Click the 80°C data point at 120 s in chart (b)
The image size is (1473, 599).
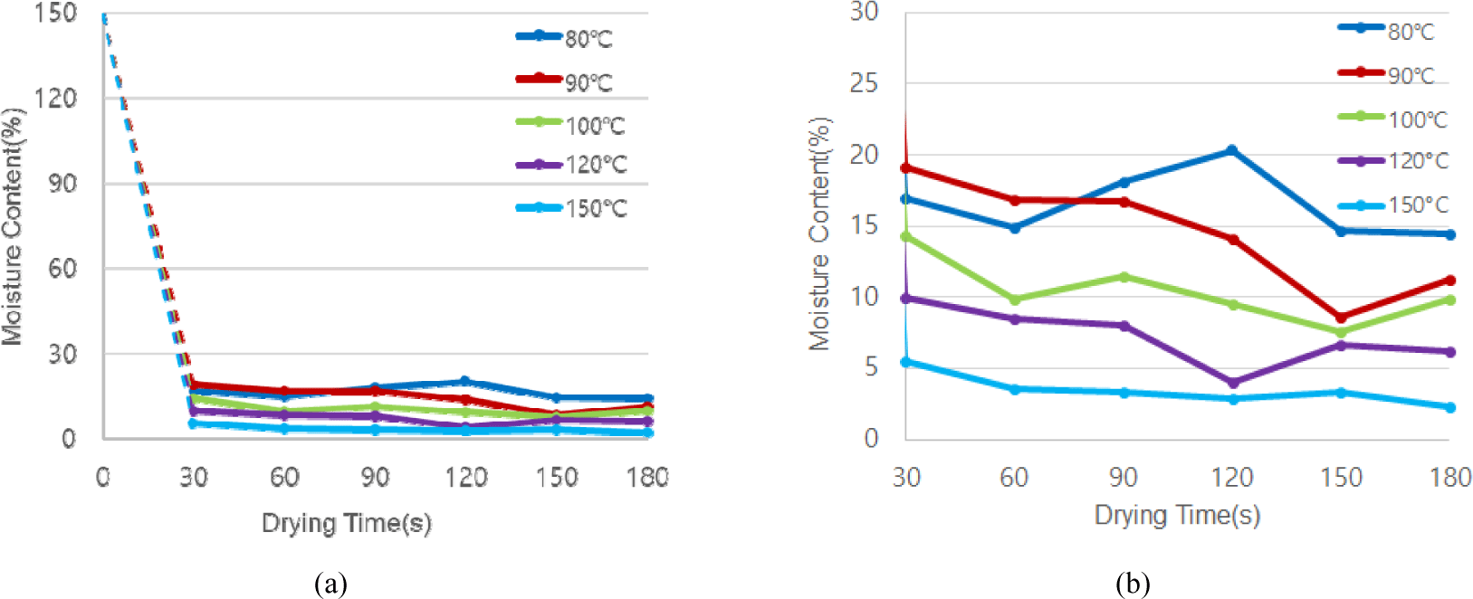1231,150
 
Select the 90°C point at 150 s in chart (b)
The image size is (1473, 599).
1341,318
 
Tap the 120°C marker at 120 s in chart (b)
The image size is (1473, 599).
1231,383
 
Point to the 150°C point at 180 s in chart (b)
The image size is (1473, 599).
1450,407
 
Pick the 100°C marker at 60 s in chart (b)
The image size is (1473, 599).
1014,299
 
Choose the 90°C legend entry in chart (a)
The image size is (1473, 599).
565,81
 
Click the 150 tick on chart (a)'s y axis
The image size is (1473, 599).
56,14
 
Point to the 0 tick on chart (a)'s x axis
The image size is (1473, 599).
102,477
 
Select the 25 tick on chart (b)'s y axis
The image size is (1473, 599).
864,83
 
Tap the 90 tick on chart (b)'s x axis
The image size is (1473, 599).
1123,477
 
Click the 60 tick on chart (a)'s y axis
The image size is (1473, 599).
62,269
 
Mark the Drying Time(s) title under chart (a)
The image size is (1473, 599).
346,523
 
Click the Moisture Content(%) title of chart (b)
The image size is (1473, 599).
819,233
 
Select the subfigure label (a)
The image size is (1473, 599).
330,584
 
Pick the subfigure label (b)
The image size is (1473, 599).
1133,584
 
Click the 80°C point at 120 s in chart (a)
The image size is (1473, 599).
465,382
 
